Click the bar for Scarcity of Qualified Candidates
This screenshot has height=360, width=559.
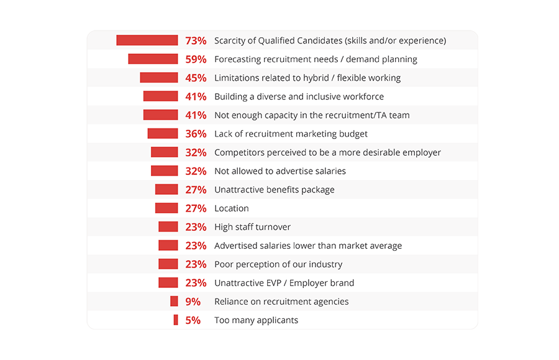click(x=147, y=40)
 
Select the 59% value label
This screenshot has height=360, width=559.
click(x=196, y=60)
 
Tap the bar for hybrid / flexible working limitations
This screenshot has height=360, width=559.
click(x=158, y=78)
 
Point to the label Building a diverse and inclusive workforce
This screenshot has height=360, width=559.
click(x=299, y=97)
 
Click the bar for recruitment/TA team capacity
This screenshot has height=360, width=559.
click(x=160, y=115)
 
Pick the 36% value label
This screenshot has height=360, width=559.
click(x=196, y=134)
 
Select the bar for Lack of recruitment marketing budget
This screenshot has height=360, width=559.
click(x=162, y=133)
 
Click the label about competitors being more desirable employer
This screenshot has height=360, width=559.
click(x=327, y=153)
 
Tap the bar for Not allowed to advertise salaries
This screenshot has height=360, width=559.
click(x=164, y=171)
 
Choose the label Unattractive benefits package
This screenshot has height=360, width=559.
click(x=274, y=190)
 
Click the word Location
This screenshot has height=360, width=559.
click(x=231, y=209)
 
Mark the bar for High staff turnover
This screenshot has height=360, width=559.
click(x=168, y=227)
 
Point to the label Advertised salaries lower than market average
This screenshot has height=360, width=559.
click(x=307, y=246)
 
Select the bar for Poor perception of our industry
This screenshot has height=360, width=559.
click(x=168, y=264)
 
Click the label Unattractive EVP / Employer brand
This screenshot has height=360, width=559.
click(x=284, y=283)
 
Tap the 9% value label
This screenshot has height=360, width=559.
click(x=193, y=302)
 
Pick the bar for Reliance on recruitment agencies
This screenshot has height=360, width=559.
click(x=174, y=301)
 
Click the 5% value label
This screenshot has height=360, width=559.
click(x=193, y=320)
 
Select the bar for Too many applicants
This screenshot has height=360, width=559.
click(x=176, y=320)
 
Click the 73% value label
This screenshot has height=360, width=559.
click(x=196, y=41)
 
